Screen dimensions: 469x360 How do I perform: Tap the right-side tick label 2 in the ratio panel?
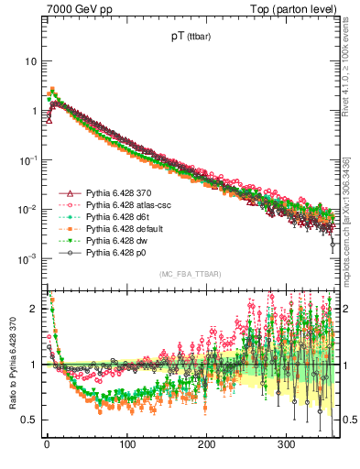[346, 309]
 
